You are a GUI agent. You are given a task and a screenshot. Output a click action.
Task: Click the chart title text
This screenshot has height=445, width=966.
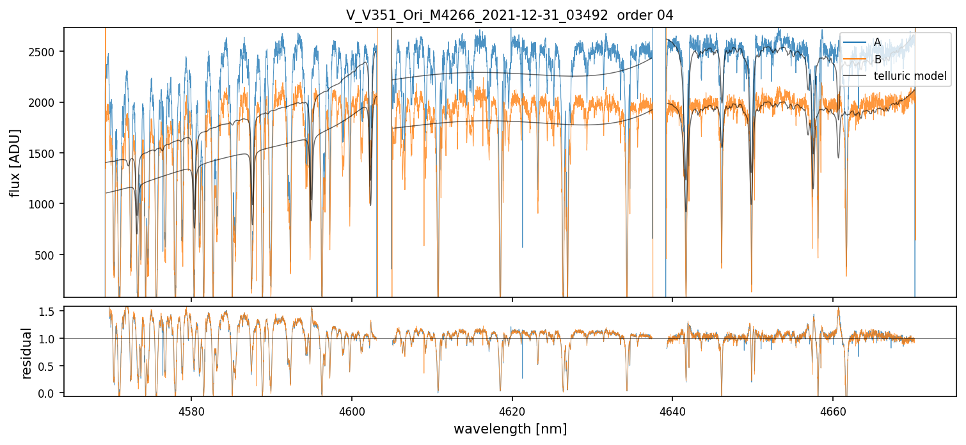509,15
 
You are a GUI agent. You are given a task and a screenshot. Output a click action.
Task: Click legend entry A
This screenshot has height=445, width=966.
877,42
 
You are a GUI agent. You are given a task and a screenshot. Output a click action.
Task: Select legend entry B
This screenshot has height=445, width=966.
877,59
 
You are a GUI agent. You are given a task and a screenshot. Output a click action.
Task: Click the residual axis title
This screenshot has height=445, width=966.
27,353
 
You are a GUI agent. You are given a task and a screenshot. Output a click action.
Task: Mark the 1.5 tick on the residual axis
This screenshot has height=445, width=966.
51,311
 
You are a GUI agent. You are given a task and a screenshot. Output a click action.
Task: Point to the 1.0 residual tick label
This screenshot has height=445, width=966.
51,339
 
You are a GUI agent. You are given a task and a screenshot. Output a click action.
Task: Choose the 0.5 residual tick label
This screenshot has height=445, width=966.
51,366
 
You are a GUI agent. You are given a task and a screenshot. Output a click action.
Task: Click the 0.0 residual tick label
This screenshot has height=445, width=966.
51,393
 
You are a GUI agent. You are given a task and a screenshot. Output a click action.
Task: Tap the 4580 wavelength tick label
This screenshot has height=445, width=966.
191,410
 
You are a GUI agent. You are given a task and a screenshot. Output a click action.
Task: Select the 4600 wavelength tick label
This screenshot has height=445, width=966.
352,410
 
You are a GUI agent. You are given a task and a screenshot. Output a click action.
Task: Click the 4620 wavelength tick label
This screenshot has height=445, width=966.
512,410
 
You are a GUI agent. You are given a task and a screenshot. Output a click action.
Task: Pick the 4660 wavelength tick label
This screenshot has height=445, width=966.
832,410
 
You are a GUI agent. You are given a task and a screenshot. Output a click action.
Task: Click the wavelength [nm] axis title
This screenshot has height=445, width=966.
510,428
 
